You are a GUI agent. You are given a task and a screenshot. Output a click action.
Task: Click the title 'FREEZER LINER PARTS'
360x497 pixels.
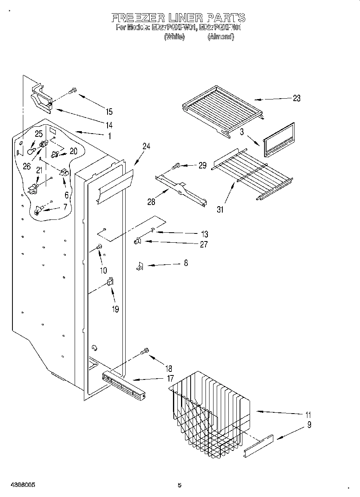click(178, 18)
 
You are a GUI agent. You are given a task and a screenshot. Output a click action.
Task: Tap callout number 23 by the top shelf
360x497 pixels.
click(296, 98)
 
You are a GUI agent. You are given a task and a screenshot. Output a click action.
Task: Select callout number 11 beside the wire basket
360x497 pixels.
click(308, 415)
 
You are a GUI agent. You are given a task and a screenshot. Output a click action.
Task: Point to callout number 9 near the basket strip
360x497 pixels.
click(309, 425)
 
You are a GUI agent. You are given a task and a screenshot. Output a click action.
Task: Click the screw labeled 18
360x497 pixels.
click(145, 351)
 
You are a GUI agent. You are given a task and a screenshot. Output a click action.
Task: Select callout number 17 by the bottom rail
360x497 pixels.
click(170, 378)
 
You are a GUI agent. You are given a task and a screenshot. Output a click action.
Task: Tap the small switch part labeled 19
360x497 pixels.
click(110, 282)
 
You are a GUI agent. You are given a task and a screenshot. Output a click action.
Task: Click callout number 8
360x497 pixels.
click(185, 263)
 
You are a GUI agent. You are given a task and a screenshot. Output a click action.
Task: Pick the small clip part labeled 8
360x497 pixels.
click(140, 266)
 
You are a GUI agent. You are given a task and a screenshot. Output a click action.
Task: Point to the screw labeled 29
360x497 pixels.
click(176, 165)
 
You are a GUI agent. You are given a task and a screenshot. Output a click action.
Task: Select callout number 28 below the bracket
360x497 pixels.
click(151, 201)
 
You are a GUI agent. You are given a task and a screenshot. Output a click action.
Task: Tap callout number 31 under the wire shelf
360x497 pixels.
click(220, 209)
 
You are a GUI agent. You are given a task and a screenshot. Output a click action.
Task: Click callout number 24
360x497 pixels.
click(146, 146)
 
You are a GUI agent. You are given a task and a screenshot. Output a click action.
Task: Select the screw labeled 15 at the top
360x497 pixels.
click(73, 91)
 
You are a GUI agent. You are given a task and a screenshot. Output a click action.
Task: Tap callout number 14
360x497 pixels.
click(109, 124)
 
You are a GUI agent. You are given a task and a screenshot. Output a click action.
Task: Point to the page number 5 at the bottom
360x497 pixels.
click(179, 485)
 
